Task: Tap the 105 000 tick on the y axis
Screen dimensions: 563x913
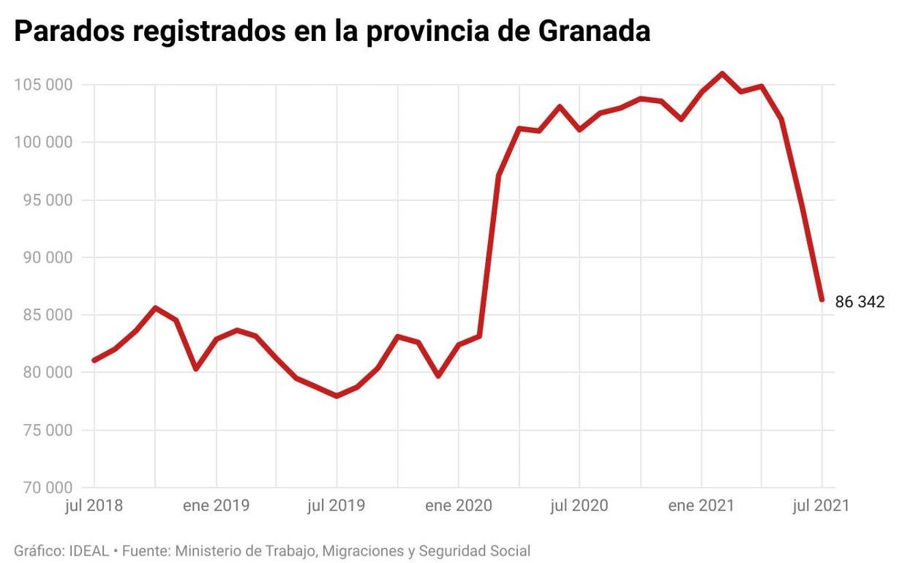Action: (x=43, y=85)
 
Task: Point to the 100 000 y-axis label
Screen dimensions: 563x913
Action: (x=43, y=143)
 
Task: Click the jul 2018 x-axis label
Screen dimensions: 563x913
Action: (x=94, y=506)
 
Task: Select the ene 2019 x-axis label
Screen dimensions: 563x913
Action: (x=217, y=506)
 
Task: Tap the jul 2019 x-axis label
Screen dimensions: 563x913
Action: (x=337, y=506)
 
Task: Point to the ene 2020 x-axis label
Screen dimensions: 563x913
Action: (x=458, y=506)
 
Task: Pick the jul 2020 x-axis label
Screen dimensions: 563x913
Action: (x=579, y=506)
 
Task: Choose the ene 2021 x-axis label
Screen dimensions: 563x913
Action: (x=701, y=506)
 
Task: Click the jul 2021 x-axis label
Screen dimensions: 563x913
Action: (x=821, y=506)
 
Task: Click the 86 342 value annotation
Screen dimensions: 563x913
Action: (x=860, y=302)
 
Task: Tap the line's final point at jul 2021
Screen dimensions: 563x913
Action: (x=822, y=300)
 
